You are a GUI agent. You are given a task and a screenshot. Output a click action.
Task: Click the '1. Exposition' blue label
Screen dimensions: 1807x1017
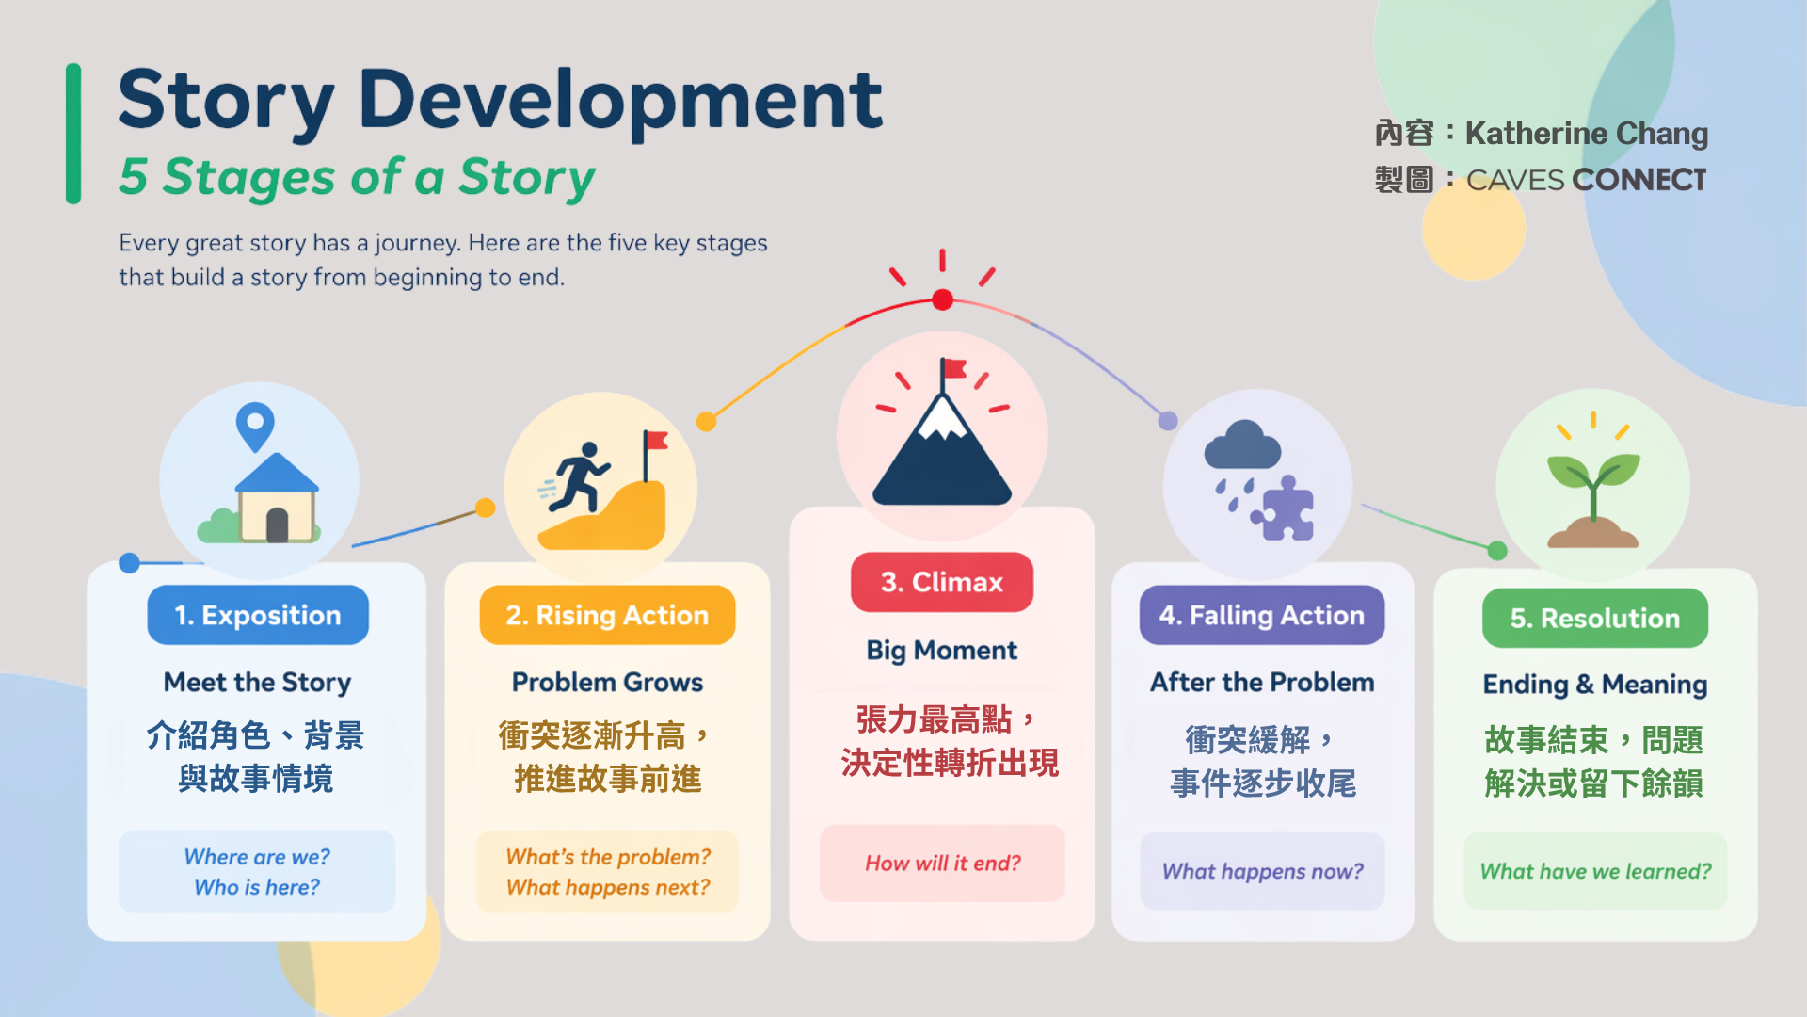tap(258, 615)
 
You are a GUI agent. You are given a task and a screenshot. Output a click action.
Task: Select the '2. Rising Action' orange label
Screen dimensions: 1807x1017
tap(607, 615)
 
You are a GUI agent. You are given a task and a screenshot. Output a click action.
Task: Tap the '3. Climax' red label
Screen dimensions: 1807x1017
tap(942, 582)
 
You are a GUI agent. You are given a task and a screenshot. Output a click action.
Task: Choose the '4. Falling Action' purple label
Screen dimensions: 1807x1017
tap(1262, 615)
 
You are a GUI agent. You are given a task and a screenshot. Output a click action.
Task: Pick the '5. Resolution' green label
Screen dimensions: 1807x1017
tap(1595, 618)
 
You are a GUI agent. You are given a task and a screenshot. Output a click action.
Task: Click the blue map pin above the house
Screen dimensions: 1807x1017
tap(255, 427)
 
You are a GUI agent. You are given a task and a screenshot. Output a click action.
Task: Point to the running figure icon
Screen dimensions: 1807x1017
tap(576, 477)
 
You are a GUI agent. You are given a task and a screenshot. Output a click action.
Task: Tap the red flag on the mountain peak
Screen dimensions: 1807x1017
tap(953, 370)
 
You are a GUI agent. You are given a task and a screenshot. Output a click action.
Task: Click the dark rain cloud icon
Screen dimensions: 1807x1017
tap(1242, 444)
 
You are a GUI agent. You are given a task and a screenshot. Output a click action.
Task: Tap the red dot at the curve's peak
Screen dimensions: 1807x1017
tap(942, 300)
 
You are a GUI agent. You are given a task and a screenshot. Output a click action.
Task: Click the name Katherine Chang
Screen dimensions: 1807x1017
tap(1587, 134)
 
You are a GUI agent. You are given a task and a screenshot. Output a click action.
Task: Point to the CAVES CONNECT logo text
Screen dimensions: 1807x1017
tap(1587, 180)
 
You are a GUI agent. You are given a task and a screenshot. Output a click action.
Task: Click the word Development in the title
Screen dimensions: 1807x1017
tap(620, 99)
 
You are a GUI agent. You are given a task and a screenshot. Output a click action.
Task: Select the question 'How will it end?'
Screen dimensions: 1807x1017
tap(943, 864)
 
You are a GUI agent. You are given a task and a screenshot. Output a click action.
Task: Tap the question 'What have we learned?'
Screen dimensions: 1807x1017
tap(1595, 871)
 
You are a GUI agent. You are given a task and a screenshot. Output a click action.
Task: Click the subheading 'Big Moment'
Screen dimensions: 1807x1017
tap(942, 650)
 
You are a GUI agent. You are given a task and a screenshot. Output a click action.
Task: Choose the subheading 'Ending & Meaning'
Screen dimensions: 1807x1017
tap(1595, 685)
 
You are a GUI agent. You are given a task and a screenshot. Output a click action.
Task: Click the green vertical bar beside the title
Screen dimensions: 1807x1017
tap(73, 134)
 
